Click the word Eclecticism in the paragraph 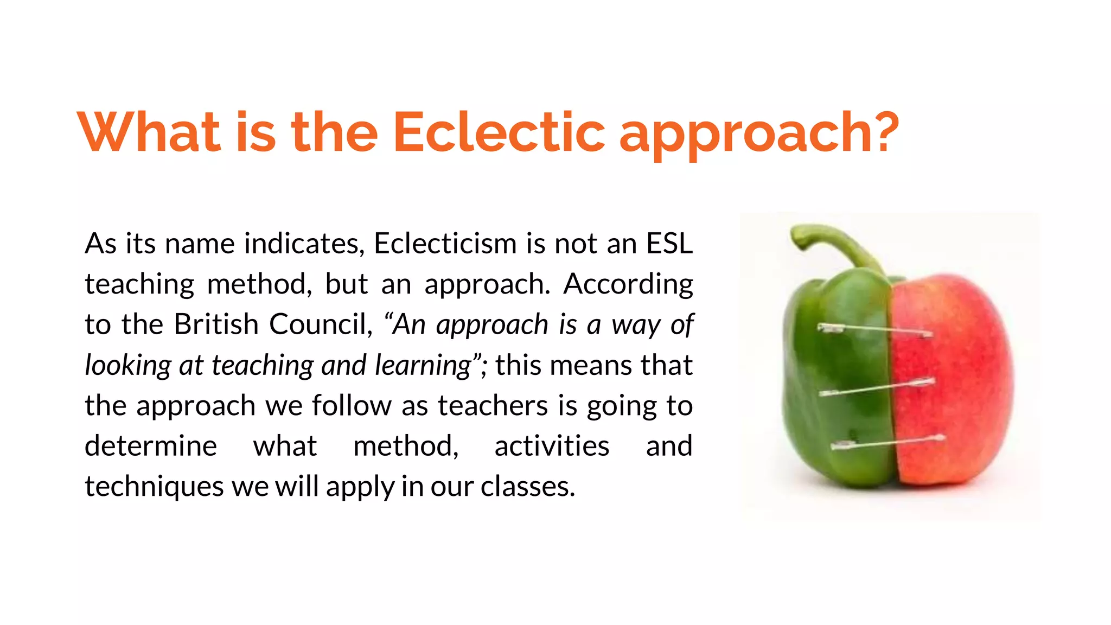[445, 244]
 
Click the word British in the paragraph [216, 324]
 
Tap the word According [628, 284]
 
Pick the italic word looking [128, 365]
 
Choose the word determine [151, 446]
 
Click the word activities [552, 446]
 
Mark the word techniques [154, 486]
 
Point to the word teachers [493, 405]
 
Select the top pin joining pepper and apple [874, 330]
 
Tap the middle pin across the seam [876, 387]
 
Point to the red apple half [955, 380]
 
